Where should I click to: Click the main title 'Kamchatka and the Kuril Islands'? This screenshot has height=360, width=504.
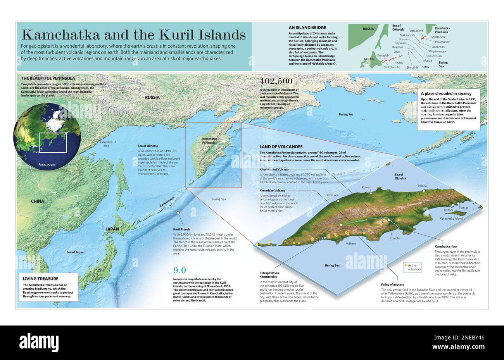[133, 35]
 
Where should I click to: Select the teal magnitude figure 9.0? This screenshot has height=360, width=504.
[180, 270]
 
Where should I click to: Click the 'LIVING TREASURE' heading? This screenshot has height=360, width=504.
[40, 279]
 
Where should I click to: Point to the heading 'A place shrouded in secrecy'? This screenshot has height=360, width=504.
[446, 93]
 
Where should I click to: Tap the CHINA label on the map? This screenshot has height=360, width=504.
[38, 201]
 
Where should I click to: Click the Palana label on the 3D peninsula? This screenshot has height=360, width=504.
[422, 186]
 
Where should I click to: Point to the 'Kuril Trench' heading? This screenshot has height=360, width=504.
[181, 229]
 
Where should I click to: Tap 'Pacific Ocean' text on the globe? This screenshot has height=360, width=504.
[47, 165]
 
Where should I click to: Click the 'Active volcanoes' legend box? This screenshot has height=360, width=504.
[413, 267]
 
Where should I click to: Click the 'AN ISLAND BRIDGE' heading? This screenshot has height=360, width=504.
[307, 28]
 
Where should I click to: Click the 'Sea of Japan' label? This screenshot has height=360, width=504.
[75, 252]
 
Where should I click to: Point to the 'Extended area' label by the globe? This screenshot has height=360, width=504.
[105, 144]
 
